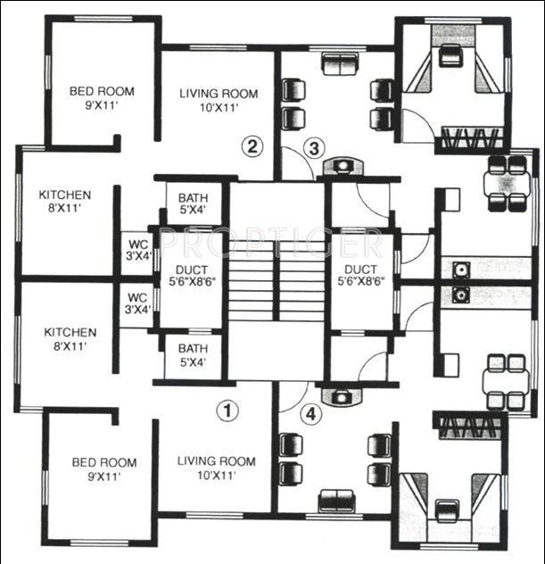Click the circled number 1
[229, 411]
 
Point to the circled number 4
[309, 413]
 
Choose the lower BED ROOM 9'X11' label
[104, 469]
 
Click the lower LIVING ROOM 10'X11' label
[216, 469]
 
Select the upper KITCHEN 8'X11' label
[64, 201]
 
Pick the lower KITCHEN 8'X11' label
[70, 339]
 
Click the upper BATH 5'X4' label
[193, 204]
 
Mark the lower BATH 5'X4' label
[193, 355]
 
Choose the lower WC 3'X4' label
[137, 303]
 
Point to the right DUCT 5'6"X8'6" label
[359, 272]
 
